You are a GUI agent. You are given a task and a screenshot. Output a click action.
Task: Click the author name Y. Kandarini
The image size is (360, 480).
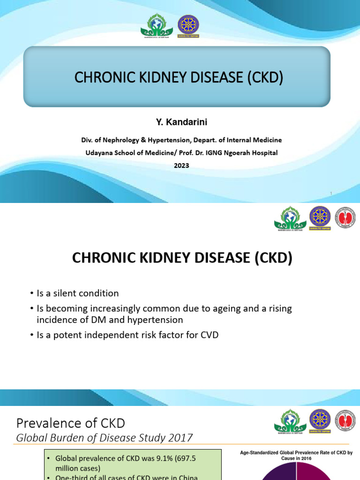tap(181, 122)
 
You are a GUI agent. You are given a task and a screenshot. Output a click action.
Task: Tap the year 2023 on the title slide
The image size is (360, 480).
tap(181, 165)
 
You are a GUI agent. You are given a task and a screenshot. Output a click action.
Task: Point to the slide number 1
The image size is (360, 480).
tap(331, 194)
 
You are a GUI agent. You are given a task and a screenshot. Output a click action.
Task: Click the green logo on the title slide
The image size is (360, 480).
tap(157, 26)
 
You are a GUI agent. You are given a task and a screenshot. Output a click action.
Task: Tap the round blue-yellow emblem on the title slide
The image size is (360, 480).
tap(188, 26)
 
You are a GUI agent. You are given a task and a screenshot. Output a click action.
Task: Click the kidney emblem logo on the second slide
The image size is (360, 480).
tap(345, 218)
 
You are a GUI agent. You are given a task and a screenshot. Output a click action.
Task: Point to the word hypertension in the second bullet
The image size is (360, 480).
tap(158, 320)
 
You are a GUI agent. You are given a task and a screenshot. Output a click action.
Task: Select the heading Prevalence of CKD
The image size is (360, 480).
tap(70, 423)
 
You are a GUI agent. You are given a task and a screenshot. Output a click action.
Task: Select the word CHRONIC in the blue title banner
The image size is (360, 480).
tap(101, 77)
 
